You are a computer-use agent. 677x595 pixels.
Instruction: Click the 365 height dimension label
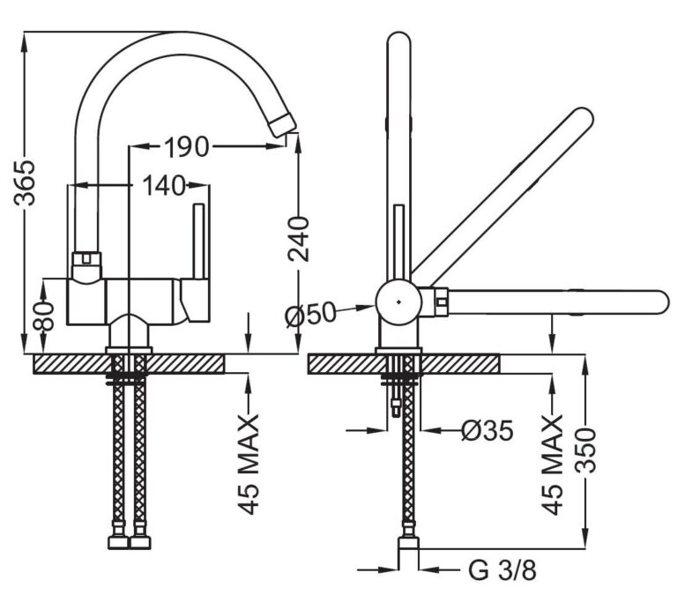[x=25, y=182]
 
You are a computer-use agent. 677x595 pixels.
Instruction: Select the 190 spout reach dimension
[x=187, y=147]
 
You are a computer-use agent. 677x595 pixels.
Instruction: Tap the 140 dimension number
[x=164, y=186]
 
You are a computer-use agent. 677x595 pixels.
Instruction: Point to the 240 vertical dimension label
[x=299, y=239]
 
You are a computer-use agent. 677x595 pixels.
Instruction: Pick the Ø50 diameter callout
[x=310, y=313]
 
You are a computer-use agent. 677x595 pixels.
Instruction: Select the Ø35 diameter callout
[x=487, y=430]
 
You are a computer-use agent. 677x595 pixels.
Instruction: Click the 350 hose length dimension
[x=587, y=450]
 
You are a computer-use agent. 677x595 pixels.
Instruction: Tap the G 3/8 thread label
[x=502, y=570]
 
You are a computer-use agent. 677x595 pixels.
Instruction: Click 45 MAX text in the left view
[x=249, y=465]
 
